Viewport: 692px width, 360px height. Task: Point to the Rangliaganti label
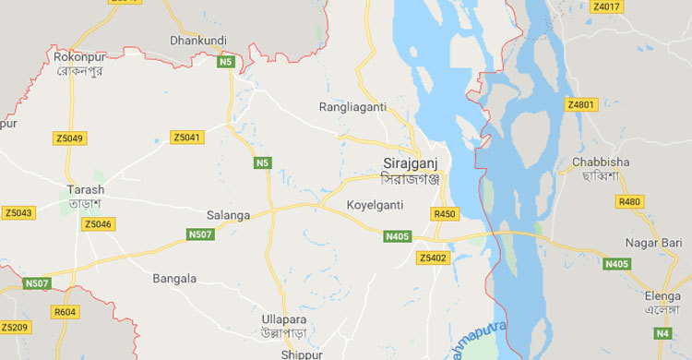353,107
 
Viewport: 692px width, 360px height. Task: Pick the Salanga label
230,215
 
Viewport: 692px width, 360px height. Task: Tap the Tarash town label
86,190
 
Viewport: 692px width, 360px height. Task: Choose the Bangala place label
174,278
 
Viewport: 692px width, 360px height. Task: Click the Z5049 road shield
69,138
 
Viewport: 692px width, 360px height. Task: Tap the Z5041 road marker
186,138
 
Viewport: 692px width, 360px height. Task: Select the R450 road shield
445,214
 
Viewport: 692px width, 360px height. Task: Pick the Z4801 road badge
582,104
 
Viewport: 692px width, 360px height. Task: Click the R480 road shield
630,201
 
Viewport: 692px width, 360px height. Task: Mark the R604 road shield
66,313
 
